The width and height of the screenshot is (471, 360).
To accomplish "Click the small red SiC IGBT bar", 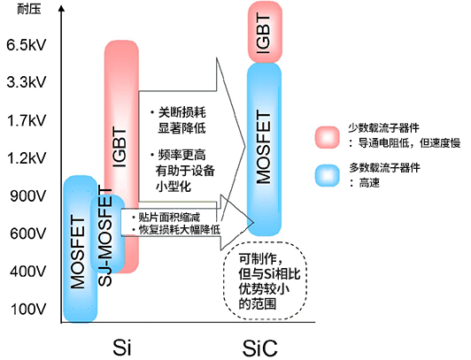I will pos(264,32).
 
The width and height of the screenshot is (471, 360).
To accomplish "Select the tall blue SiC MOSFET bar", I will pos(264,146).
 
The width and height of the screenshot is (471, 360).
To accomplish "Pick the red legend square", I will pos(327,136).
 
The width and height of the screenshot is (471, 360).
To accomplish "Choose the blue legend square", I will pos(327,174).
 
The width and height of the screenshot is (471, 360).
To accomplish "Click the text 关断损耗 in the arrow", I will pos(183,112).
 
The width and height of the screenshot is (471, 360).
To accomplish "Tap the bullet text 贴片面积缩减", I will pos(172,217).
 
